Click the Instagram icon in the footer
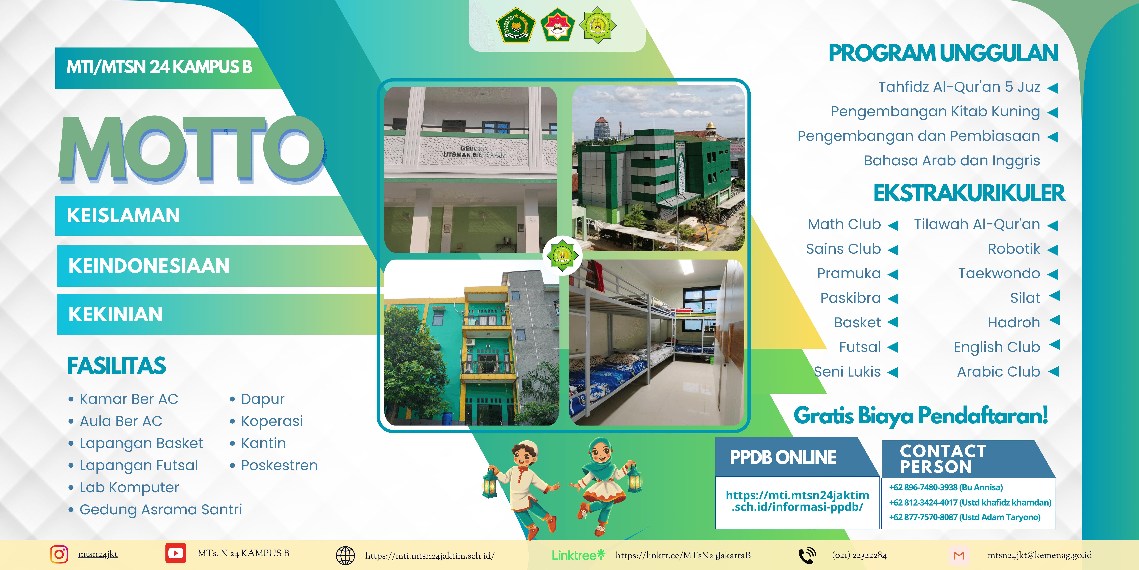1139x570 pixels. pos(59,554)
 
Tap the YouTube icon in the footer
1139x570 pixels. pos(175,553)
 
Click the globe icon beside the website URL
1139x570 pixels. pos(345,555)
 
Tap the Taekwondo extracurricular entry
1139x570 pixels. pos(999,273)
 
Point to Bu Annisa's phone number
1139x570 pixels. pos(946,487)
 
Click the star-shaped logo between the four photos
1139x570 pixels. pos(562,255)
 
